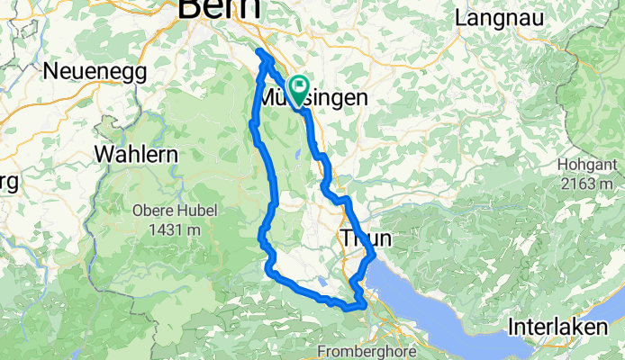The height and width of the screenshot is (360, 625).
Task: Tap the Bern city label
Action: pos(220,9)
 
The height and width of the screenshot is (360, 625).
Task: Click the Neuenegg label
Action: pos(87,71)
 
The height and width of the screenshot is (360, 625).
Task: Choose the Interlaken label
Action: pos(557,327)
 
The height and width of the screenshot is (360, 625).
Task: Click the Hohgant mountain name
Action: pos(586,165)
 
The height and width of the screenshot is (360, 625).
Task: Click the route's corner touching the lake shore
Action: pos(373,258)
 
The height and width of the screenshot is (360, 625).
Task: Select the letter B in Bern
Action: pos(191,9)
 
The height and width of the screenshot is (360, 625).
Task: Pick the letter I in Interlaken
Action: pos(511,327)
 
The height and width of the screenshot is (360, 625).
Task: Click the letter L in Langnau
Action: pos(462,17)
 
